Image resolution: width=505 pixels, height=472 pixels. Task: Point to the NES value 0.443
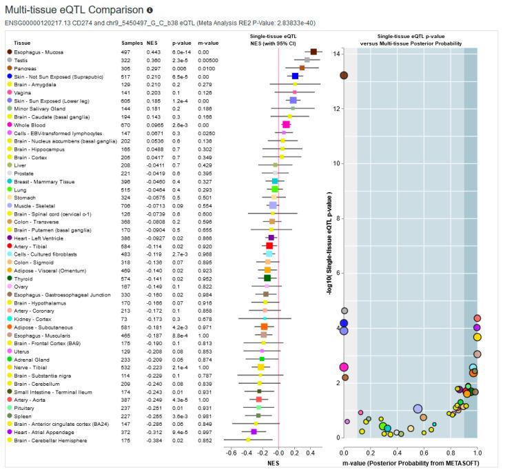[x=154, y=52]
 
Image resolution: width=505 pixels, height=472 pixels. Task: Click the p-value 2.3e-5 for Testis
[x=178, y=61]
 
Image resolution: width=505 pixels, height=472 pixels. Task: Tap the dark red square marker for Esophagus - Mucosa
[x=313, y=52]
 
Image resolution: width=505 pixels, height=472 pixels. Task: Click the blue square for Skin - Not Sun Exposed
[x=295, y=76]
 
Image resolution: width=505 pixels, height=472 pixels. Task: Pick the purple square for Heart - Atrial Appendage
[x=254, y=431]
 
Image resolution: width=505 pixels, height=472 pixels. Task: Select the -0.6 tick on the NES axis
[x=231, y=453]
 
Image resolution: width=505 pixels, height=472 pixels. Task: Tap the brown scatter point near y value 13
[x=344, y=75]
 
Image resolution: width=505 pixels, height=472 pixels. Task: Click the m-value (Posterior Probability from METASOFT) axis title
[x=411, y=464]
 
